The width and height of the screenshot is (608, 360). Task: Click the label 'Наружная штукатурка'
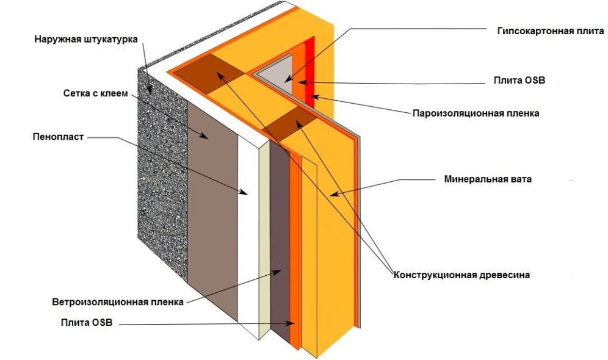pyautogui.click(x=86, y=40)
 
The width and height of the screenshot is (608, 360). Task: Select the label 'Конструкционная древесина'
pyautogui.click(x=461, y=275)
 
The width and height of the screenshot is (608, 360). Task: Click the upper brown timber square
pyautogui.click(x=211, y=73)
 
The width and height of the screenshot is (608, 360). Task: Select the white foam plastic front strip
pyautogui.click(x=247, y=238)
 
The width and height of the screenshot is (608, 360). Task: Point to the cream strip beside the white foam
pyautogui.click(x=264, y=244)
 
